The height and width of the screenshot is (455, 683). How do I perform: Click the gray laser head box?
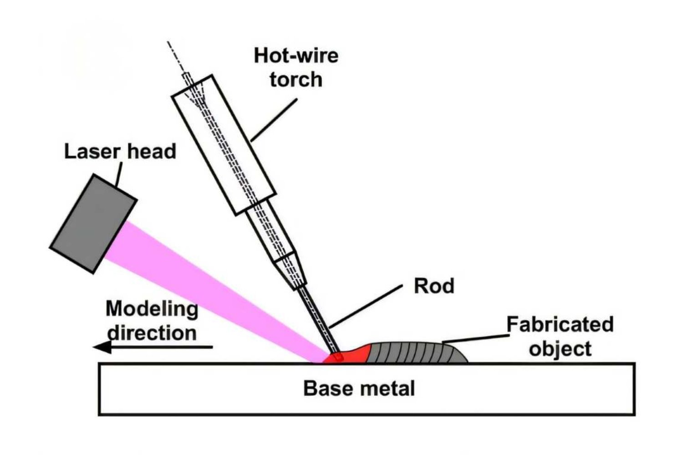pos(93,223)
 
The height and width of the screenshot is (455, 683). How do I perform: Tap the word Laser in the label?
pos(89,151)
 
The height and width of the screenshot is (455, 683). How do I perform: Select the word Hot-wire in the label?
pos(296,56)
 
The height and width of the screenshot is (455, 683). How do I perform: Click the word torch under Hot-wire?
pos(296,79)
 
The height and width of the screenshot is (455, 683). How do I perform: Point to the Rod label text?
pos(433,286)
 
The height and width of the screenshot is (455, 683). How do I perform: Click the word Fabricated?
pos(560,325)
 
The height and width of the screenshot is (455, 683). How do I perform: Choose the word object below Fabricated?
pos(560,349)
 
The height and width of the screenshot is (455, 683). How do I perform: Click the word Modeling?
pos(152,309)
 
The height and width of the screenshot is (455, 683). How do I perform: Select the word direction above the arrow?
pos(152,333)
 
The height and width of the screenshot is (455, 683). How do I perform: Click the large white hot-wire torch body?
pos(223,146)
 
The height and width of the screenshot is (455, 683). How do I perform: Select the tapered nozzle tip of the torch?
pos(291,271)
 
